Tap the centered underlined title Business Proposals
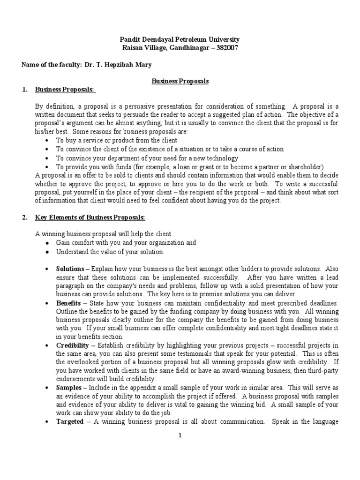tap(180, 81)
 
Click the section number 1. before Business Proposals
tap(25, 90)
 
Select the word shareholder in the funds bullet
tap(303, 166)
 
